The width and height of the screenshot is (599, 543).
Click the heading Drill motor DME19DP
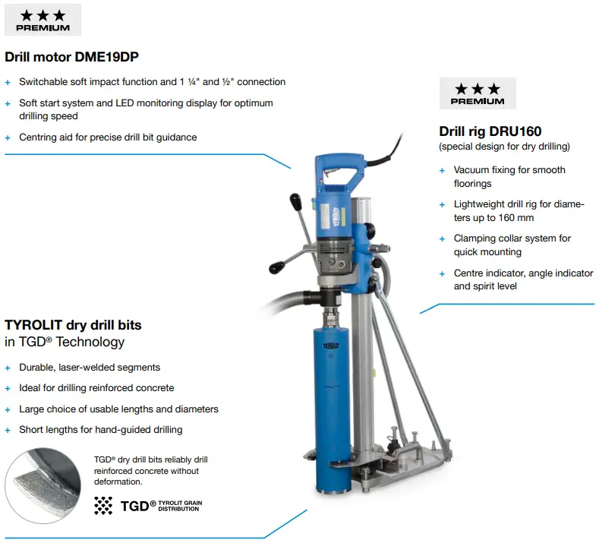click(71, 57)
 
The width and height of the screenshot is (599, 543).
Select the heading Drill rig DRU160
click(490, 131)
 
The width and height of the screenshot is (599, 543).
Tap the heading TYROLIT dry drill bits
click(73, 325)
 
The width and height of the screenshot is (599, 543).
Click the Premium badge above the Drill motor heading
click(43, 20)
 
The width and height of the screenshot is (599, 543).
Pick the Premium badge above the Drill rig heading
click(477, 93)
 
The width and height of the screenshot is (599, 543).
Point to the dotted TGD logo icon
click(102, 505)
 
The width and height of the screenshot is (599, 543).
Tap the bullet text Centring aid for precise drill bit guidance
click(107, 137)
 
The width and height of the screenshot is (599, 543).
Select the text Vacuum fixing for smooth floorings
click(509, 177)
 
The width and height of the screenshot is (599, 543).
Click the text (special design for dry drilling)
click(504, 147)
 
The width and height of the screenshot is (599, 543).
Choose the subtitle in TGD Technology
click(65, 342)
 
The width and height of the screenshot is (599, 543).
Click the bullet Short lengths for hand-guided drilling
click(100, 430)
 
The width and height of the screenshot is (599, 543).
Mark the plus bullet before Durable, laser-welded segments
click(8, 368)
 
